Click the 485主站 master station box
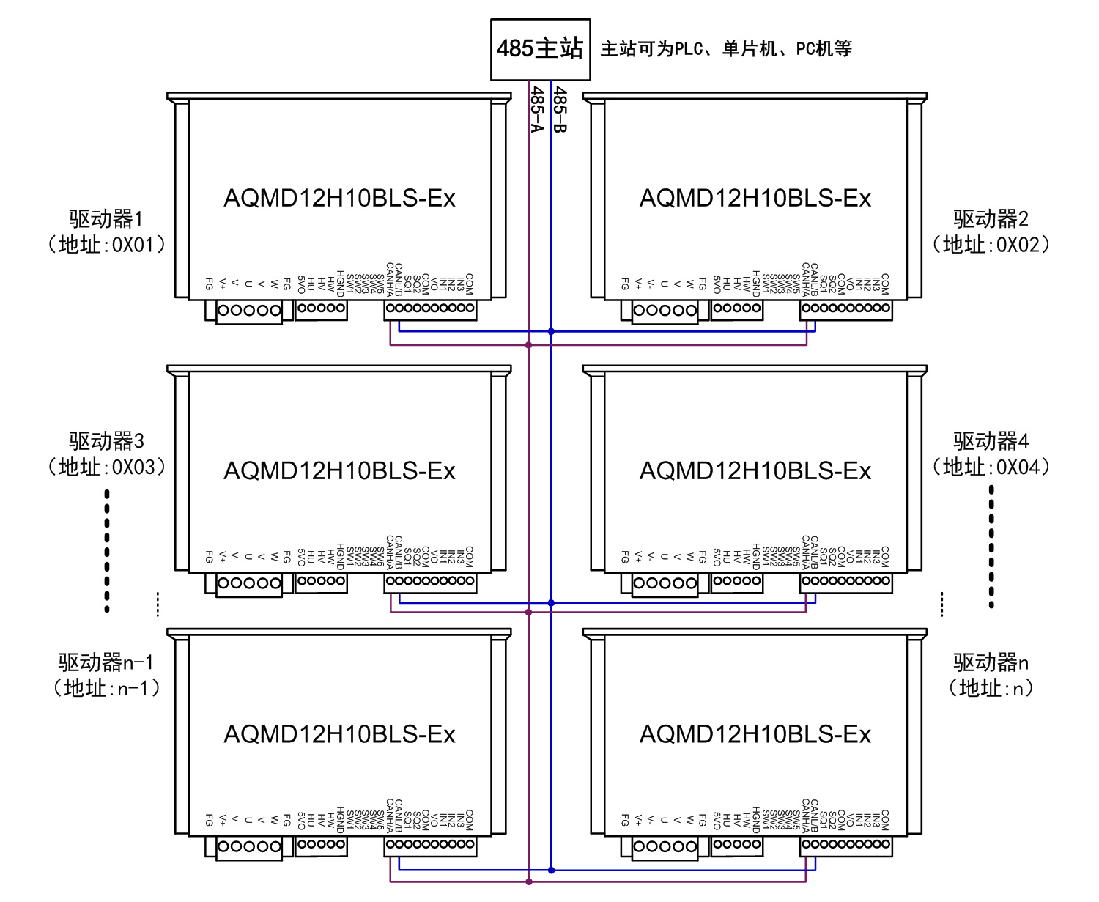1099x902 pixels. click(540, 49)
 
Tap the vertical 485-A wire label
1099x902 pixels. click(537, 109)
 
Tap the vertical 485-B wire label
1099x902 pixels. click(560, 109)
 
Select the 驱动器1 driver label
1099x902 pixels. click(106, 218)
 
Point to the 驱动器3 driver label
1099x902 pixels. click(106, 441)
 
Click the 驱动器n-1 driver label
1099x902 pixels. click(106, 662)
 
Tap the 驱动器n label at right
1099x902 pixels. click(991, 662)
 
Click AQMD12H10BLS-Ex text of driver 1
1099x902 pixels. click(339, 199)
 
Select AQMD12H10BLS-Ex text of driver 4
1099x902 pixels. click(755, 471)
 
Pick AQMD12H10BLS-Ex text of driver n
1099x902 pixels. click(755, 734)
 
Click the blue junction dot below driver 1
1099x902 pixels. click(551, 331)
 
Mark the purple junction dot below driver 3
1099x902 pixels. click(528, 612)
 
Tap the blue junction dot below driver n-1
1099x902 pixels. click(551, 870)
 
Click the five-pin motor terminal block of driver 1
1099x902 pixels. click(249, 311)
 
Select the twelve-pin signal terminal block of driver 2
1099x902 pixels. click(846, 308)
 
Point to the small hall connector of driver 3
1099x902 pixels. click(321, 581)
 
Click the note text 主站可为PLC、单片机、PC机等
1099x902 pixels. click(726, 49)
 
